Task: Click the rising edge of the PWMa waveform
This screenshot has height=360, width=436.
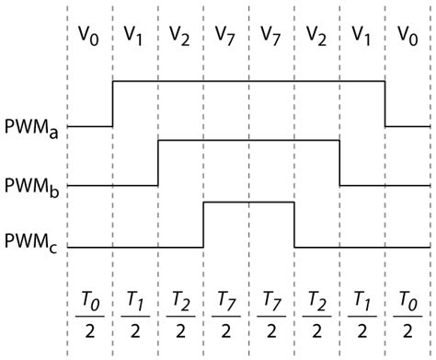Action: click(x=112, y=103)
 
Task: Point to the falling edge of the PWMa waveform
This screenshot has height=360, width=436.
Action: click(x=384, y=103)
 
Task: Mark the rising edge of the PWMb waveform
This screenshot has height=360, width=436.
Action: click(x=158, y=163)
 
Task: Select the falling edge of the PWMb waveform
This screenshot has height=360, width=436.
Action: click(x=339, y=163)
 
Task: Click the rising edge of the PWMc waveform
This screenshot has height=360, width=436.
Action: click(x=203, y=224)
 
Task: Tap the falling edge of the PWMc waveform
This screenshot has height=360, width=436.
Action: click(x=294, y=224)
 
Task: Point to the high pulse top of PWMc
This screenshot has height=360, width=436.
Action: click(x=248, y=202)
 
